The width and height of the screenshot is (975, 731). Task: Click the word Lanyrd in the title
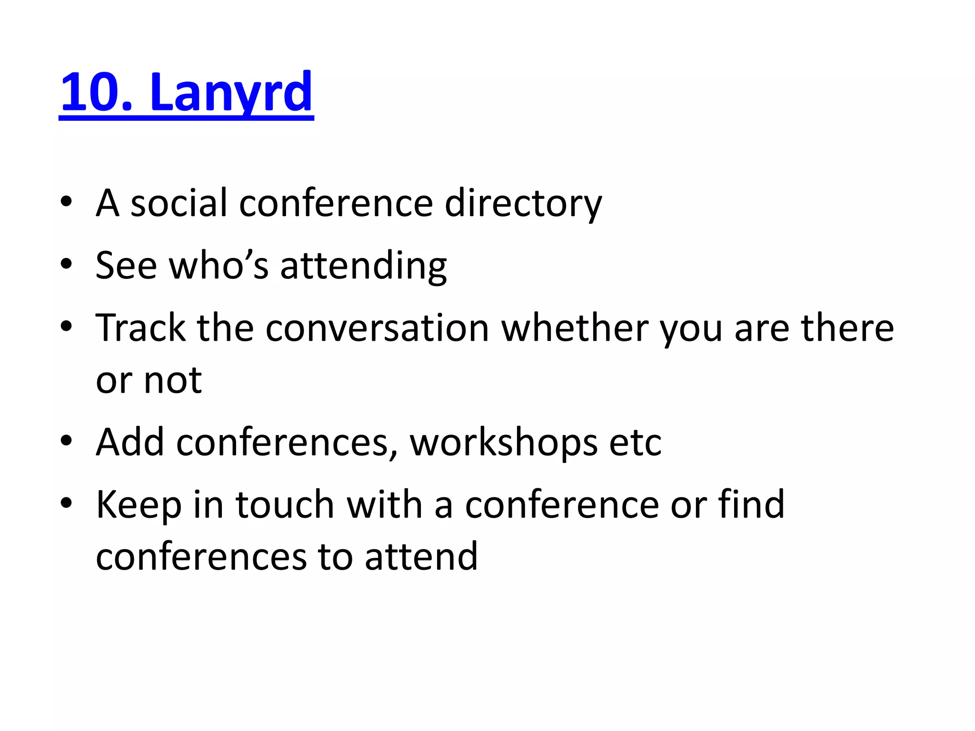coord(231,92)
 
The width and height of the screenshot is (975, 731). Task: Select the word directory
coord(523,203)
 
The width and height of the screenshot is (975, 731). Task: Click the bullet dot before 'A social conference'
coord(66,201)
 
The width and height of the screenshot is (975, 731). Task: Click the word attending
coord(364,266)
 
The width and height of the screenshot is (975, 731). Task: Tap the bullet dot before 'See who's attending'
coord(66,264)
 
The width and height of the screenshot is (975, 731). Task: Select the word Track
coord(140,328)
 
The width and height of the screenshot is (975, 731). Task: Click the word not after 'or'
coord(172,381)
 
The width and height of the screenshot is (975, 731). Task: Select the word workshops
coord(504,442)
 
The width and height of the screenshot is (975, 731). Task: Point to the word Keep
coord(139,504)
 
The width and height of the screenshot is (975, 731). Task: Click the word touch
coord(285,504)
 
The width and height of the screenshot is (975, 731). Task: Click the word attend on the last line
coord(421,557)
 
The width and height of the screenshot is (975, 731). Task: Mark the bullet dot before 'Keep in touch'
coord(66,503)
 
